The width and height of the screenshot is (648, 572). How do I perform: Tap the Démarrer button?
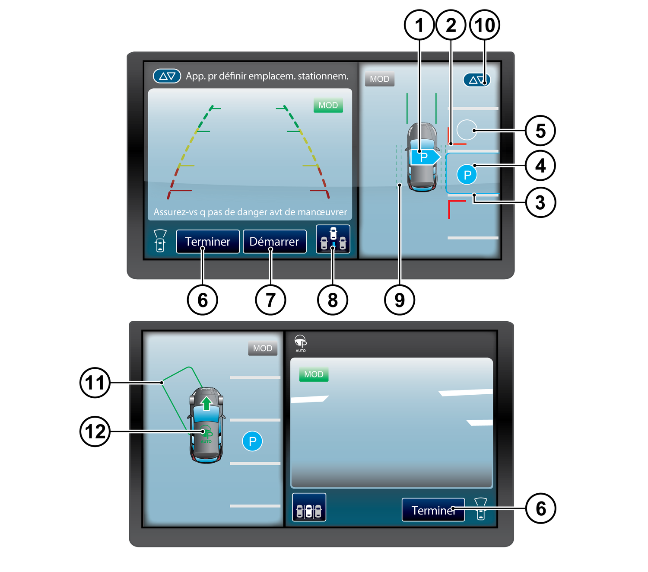pyautogui.click(x=274, y=241)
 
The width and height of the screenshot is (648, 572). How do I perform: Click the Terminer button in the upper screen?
pyautogui.click(x=208, y=241)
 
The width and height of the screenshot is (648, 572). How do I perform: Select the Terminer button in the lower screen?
pyautogui.click(x=433, y=510)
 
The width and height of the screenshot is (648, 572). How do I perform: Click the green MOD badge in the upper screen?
pyautogui.click(x=328, y=105)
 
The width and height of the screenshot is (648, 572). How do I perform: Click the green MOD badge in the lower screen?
pyautogui.click(x=314, y=374)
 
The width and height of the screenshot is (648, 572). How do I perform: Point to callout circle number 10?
pyautogui.click(x=484, y=25)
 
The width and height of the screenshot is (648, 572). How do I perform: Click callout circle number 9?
pyautogui.click(x=399, y=300)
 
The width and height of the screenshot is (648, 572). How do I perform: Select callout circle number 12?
pyautogui.click(x=95, y=431)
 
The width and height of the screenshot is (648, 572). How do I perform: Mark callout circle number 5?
pyautogui.click(x=540, y=131)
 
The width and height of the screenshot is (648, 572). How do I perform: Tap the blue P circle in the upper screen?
pyautogui.click(x=467, y=174)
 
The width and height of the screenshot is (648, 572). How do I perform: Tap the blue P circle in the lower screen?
pyautogui.click(x=252, y=441)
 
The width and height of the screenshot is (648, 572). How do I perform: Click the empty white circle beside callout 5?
pyautogui.click(x=467, y=130)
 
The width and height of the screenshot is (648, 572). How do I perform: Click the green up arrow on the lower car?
pyautogui.click(x=206, y=403)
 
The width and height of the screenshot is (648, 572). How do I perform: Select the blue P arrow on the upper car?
pyautogui.click(x=426, y=157)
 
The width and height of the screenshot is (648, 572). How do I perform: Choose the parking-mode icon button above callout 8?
pyautogui.click(x=333, y=239)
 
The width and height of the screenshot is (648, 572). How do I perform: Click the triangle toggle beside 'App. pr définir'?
pyautogui.click(x=167, y=76)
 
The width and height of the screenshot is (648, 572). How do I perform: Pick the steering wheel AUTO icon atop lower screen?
pyautogui.click(x=301, y=343)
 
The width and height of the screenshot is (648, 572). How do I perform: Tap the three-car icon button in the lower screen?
pyautogui.click(x=309, y=507)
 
